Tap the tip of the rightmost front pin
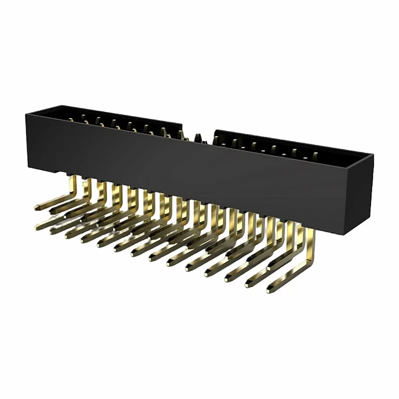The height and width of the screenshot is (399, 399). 270,289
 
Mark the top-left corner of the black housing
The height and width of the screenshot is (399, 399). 26,114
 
